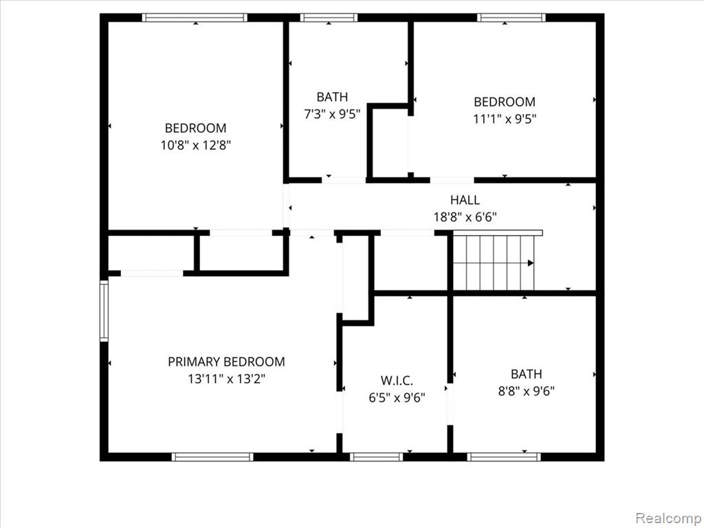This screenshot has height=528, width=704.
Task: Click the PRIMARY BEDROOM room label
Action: pyautogui.click(x=226, y=362)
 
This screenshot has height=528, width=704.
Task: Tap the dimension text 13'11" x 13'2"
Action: pyautogui.click(x=227, y=379)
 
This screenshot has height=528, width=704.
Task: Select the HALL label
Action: pyautogui.click(x=465, y=200)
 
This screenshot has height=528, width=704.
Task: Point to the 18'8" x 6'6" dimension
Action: pyautogui.click(x=465, y=217)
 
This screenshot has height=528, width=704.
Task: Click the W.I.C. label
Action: pyautogui.click(x=397, y=380)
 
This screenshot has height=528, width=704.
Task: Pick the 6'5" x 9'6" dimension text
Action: pyautogui.click(x=397, y=398)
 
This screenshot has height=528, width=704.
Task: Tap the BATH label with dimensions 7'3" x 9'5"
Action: pyautogui.click(x=332, y=96)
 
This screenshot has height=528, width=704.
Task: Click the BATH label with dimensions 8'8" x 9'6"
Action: pyautogui.click(x=526, y=373)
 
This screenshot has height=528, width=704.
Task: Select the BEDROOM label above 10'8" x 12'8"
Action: pyautogui.click(x=196, y=128)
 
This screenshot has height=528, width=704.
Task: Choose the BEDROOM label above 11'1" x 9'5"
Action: pyautogui.click(x=505, y=102)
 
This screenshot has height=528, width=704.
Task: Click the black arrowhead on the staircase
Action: pyautogui.click(x=531, y=263)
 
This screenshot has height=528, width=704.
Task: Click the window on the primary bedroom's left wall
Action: pyautogui.click(x=104, y=311)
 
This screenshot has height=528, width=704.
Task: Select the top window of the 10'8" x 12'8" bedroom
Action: pyautogui.click(x=195, y=17)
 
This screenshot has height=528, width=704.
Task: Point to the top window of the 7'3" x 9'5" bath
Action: pyautogui.click(x=329, y=17)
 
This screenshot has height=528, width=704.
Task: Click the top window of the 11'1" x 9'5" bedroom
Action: pyautogui.click(x=511, y=17)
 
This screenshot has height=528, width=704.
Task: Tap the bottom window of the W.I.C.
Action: pyautogui.click(x=376, y=456)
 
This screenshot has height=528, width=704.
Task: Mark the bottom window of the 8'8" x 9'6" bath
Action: pyautogui.click(x=504, y=456)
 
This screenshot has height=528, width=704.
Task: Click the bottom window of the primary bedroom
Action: pyautogui.click(x=212, y=456)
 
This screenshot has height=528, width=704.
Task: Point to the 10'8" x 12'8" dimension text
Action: pyautogui.click(x=196, y=146)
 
